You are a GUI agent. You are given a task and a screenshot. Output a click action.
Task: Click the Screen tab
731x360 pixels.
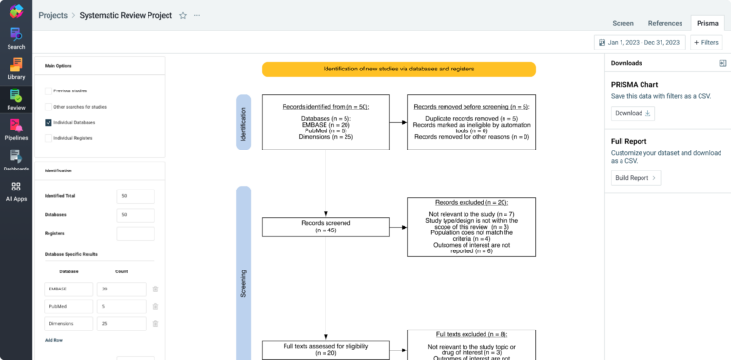622,22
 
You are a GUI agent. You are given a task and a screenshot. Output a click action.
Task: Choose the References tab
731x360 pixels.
664,22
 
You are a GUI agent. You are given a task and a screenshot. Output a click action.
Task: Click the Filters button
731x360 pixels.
706,43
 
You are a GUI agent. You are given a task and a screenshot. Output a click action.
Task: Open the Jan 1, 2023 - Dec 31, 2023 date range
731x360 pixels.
639,43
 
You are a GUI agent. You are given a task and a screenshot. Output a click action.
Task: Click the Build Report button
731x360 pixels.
635,177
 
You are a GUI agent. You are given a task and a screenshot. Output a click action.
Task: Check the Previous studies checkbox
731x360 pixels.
49,91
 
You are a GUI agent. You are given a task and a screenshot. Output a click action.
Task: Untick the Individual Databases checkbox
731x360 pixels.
49,122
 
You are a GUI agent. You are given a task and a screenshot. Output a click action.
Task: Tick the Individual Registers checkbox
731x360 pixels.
49,138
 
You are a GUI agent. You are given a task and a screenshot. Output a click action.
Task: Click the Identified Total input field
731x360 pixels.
135,195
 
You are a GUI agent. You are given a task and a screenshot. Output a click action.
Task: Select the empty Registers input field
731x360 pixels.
135,233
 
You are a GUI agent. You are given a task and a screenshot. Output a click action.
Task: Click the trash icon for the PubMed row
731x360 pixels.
155,307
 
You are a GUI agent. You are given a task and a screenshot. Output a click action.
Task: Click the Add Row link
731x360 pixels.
54,339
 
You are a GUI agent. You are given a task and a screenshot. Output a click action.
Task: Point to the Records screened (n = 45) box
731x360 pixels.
326,227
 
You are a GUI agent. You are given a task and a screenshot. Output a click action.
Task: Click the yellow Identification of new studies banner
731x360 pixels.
398,70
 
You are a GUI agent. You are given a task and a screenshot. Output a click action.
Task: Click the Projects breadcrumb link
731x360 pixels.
52,16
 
